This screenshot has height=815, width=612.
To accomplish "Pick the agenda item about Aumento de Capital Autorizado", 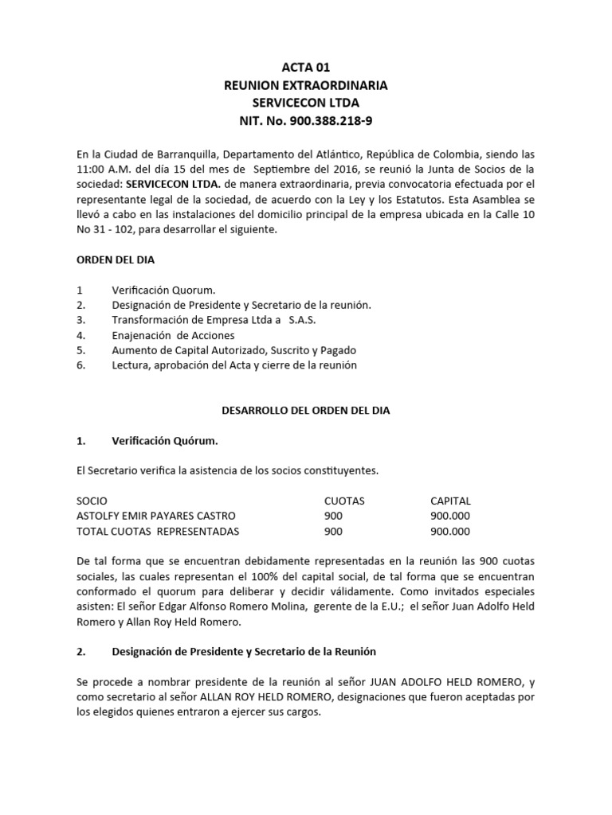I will point(234,350).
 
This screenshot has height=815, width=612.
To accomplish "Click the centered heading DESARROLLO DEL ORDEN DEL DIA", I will point(305,410).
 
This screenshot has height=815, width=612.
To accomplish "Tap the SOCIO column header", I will point(92,501).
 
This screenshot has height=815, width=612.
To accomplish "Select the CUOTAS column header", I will point(344,501).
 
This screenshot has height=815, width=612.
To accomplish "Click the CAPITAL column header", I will point(450,501).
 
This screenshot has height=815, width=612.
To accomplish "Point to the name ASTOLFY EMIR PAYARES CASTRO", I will point(156,516).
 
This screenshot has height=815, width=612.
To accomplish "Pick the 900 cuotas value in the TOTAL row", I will point(334,531).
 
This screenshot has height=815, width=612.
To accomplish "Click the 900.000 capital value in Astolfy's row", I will point(450,516).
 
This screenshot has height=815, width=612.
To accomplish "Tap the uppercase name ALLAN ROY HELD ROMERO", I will point(253,697).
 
